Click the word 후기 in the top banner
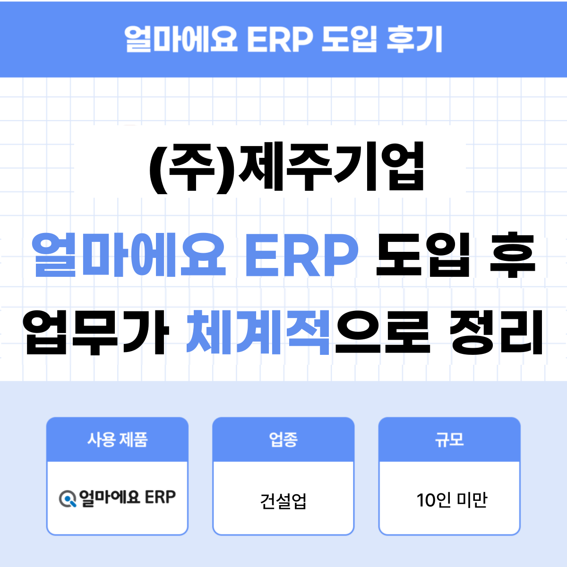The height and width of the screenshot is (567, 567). click(414, 39)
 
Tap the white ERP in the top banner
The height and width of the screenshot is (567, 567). click(280, 39)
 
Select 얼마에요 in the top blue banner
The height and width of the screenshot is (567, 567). click(181, 39)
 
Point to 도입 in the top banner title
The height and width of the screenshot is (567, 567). click(349, 39)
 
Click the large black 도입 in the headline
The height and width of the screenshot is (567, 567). click(423, 255)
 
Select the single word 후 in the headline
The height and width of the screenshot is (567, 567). click(512, 255)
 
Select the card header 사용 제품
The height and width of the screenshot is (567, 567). click(117, 439)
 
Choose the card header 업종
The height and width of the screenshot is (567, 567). click(283, 439)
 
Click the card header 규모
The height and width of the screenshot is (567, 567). click(449, 439)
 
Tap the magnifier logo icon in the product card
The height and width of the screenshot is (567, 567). click(68, 498)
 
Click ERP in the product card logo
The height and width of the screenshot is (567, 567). click(160, 497)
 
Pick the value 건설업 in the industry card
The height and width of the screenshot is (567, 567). click(283, 500)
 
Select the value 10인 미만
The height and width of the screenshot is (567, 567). click(451, 500)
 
